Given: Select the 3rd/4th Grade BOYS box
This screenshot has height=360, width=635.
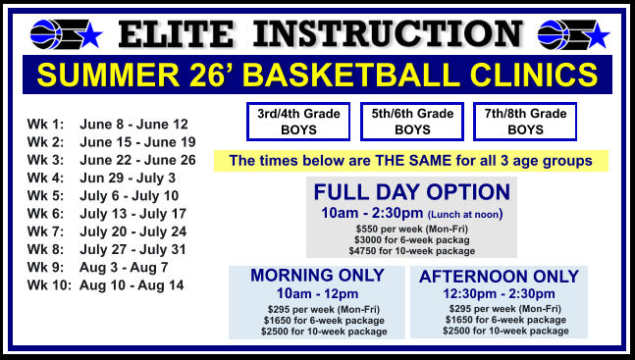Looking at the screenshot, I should coord(298,122).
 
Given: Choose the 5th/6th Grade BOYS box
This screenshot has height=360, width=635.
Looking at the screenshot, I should coord(412,122).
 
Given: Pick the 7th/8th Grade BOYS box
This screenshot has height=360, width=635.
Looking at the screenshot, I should coord(525,122).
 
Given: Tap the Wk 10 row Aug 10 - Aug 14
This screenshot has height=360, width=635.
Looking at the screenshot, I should coord(132,284).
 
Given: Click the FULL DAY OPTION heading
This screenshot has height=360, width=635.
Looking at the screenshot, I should coord(411,191).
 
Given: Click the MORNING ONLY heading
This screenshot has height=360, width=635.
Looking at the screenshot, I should coord(317,275).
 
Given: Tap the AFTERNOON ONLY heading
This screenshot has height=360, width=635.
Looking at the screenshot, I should coord(499,277).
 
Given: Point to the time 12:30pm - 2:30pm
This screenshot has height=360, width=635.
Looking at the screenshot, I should coord(499,294).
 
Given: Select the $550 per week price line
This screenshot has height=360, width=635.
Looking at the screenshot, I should coord(411,229).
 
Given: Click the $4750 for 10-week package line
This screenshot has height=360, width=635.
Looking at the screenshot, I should coord(411,250).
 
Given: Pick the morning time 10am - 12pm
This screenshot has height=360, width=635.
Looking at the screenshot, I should coord(317,293).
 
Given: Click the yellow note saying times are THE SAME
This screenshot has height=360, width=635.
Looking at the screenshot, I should coord(410,160).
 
